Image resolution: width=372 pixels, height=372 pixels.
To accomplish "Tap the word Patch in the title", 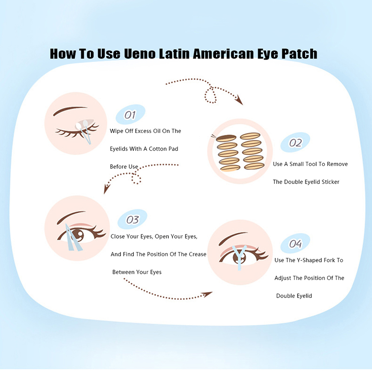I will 296,54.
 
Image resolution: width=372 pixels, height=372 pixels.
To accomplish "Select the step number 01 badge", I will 130,114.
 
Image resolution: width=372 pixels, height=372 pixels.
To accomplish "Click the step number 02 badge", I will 295,143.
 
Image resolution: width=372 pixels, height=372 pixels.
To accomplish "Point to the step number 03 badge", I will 133,219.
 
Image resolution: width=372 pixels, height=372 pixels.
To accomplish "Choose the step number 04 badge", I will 295,244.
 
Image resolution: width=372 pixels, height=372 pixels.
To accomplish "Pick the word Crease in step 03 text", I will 196,254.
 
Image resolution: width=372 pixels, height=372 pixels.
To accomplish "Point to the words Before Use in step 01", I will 124,166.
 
